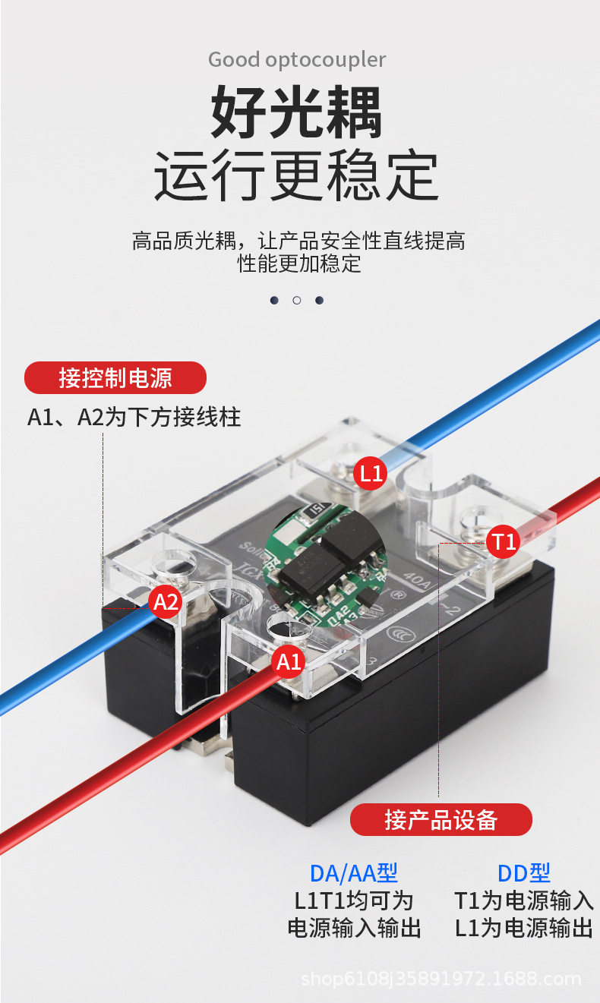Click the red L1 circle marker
[x=371, y=474]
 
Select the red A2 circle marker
[x=166, y=602]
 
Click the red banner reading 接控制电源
[x=115, y=377]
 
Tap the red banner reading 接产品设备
[x=441, y=820]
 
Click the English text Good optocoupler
[x=297, y=59]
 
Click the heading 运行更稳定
[x=296, y=176]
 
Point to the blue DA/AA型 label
[x=353, y=873]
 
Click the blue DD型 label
[x=523, y=873]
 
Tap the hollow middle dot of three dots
[x=296, y=301]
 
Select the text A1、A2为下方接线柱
[x=134, y=417]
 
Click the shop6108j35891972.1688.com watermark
[x=441, y=979]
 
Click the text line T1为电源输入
[x=523, y=900]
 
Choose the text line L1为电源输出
[x=523, y=928]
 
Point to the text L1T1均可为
[x=353, y=900]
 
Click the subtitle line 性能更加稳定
[x=299, y=264]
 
